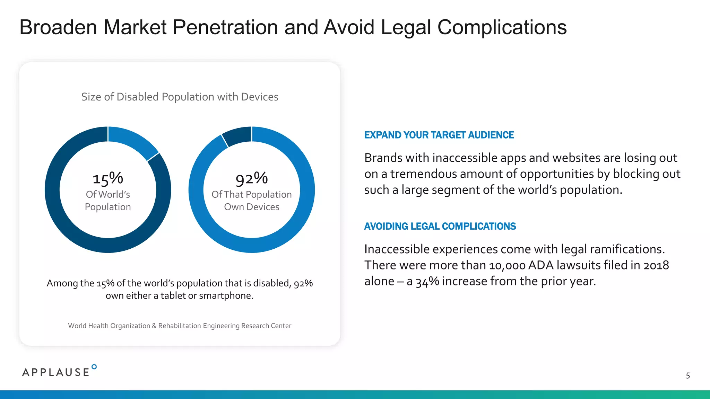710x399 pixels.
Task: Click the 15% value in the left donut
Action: (x=108, y=179)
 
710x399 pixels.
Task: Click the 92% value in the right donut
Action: (x=252, y=179)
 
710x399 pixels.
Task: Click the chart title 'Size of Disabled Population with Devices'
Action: (x=180, y=97)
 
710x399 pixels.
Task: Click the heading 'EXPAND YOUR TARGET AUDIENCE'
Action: (x=439, y=135)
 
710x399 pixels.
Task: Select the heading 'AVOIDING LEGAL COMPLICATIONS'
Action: (x=440, y=227)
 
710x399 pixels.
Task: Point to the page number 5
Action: (x=688, y=376)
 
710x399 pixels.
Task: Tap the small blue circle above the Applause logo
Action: (x=94, y=367)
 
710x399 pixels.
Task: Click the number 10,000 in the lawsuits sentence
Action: (x=507, y=265)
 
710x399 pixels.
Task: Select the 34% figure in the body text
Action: (x=427, y=282)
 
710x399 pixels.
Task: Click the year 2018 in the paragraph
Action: (x=656, y=265)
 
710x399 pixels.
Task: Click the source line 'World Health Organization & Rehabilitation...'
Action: (x=180, y=326)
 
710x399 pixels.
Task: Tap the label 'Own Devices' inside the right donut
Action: (x=252, y=207)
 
